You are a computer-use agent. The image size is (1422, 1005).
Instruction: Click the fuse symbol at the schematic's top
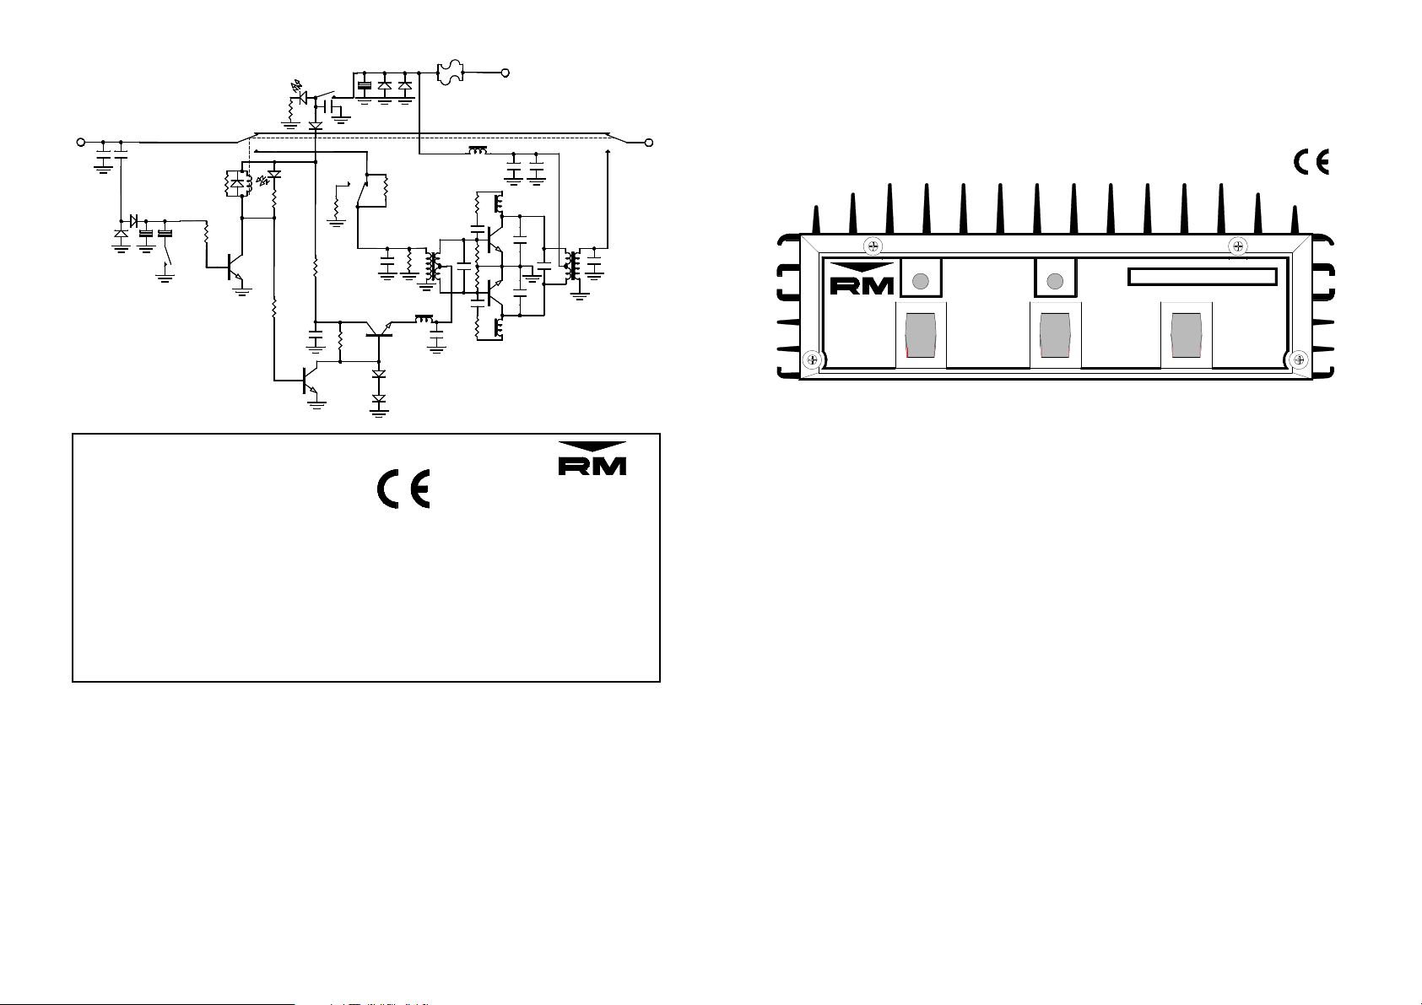[450, 73]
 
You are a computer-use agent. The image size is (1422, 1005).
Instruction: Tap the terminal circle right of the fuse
[506, 73]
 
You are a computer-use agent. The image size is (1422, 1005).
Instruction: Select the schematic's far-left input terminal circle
[81, 143]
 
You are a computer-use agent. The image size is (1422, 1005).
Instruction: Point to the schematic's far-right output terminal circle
[649, 143]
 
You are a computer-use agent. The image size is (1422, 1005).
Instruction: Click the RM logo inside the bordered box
[592, 458]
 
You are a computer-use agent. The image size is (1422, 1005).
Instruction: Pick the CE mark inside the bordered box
[403, 489]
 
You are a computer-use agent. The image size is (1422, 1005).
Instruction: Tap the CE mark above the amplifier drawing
[1311, 162]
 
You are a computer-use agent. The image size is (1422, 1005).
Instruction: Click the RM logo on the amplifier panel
[862, 278]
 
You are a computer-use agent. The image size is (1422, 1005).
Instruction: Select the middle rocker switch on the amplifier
[1055, 335]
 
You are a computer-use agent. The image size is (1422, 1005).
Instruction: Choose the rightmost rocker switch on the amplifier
[1186, 335]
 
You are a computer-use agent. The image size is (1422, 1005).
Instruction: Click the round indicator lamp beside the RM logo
[921, 281]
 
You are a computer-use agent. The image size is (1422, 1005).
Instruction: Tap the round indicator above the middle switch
[1055, 281]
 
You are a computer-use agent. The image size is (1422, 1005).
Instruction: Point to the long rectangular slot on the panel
[1203, 277]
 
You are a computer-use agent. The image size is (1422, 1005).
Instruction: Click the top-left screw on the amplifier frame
[873, 246]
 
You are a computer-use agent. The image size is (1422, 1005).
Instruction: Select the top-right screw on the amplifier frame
[1238, 246]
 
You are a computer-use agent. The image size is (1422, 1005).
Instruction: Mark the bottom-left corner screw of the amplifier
[813, 360]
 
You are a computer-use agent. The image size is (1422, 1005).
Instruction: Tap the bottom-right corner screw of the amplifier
[1300, 360]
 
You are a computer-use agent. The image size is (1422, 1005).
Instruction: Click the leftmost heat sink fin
[816, 219]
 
